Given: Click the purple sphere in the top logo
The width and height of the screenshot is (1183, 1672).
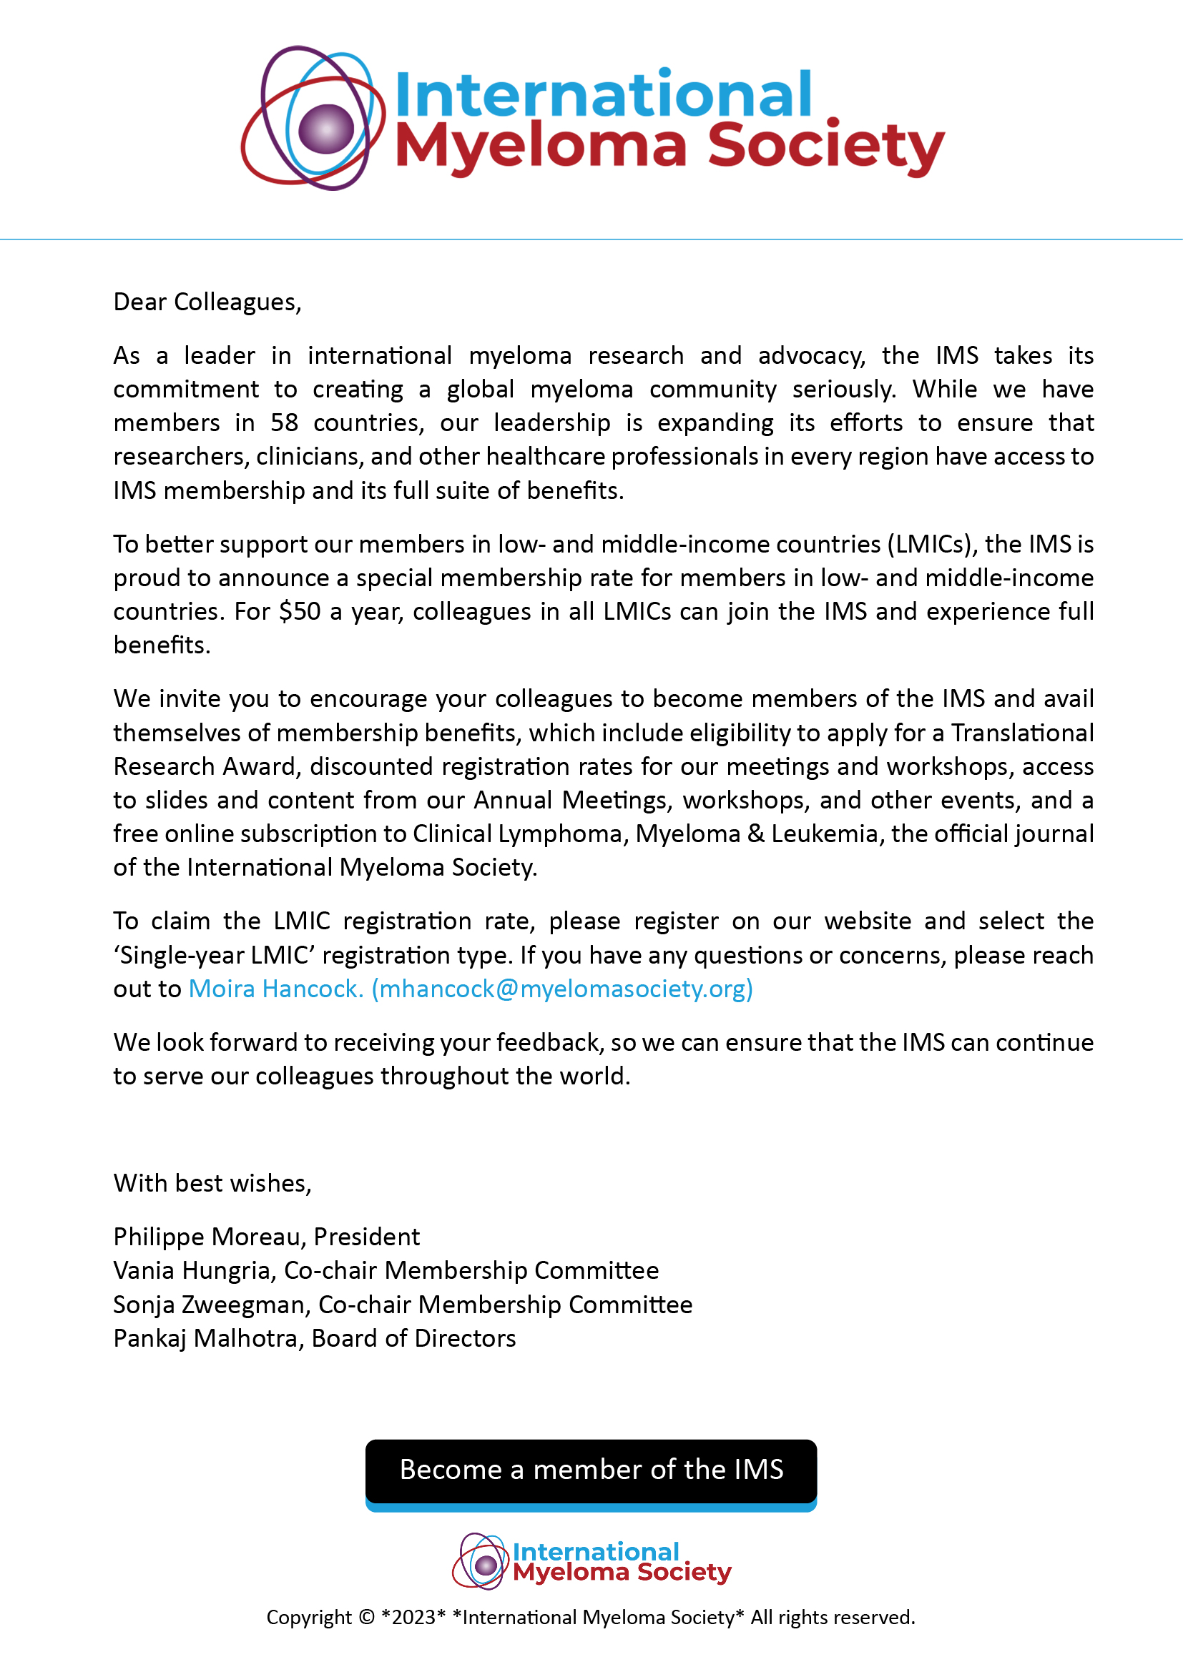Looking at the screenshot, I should pyautogui.click(x=325, y=128).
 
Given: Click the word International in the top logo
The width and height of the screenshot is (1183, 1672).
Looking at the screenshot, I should pyautogui.click(x=603, y=94).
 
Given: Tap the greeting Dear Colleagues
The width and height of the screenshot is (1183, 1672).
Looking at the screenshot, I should pyautogui.click(x=207, y=302).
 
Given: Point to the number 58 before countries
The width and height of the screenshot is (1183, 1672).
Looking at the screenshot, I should pyautogui.click(x=284, y=422).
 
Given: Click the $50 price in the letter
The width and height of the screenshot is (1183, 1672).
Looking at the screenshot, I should pyautogui.click(x=300, y=611).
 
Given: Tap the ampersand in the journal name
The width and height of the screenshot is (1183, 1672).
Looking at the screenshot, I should pyautogui.click(x=755, y=833).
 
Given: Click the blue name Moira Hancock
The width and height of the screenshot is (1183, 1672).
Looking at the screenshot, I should pyautogui.click(x=275, y=988).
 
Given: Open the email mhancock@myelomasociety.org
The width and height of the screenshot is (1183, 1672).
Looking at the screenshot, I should pyautogui.click(x=562, y=988).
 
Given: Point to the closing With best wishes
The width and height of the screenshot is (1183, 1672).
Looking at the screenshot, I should pyautogui.click(x=212, y=1182).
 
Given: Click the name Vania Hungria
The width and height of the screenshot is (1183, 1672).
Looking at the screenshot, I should pyautogui.click(x=194, y=1270).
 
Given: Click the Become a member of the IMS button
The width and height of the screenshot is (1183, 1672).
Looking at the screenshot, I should pyautogui.click(x=591, y=1470).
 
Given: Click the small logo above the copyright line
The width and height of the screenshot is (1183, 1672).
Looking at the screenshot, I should pyautogui.click(x=591, y=1560).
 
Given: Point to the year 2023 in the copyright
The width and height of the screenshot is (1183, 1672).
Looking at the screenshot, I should pyautogui.click(x=413, y=1618).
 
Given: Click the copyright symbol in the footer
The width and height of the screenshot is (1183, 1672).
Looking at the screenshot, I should pyautogui.click(x=365, y=1618).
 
